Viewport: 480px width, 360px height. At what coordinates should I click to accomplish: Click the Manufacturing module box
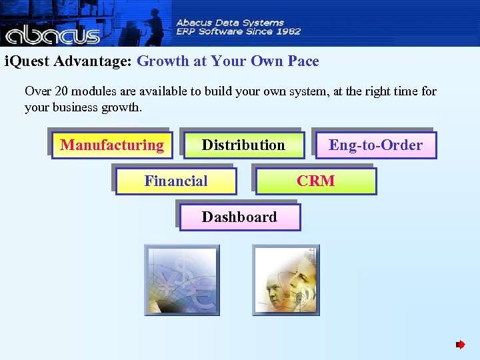(111, 145)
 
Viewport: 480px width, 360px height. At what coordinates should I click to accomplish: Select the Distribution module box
(243, 145)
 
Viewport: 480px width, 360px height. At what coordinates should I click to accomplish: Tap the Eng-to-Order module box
(375, 145)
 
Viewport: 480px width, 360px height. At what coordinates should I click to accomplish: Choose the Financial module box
(176, 181)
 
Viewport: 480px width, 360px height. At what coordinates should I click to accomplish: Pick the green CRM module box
(316, 181)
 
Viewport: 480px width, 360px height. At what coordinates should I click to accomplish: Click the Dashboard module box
(239, 217)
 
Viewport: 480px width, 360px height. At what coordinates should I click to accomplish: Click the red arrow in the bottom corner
(460, 345)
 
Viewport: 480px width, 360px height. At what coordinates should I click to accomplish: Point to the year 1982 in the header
(287, 31)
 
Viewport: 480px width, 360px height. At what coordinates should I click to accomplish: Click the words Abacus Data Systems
(229, 23)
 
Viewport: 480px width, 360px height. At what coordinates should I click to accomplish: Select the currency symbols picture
(182, 279)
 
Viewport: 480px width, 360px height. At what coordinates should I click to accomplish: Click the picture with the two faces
(286, 279)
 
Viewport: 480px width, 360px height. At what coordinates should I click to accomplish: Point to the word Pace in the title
(303, 61)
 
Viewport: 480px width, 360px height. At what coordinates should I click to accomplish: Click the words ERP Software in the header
(209, 31)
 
